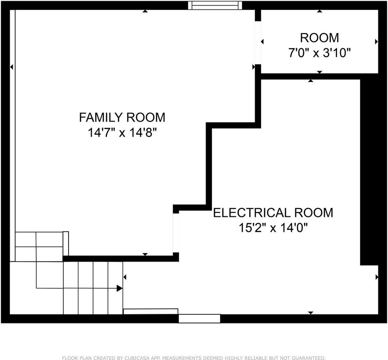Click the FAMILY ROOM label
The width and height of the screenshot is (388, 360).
tap(122, 117)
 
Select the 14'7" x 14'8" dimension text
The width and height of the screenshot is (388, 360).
tap(122, 133)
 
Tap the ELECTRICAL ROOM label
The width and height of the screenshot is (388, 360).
tap(273, 213)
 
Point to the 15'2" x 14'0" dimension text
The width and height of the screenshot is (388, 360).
tap(273, 228)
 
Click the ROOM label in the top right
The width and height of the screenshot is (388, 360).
tap(319, 38)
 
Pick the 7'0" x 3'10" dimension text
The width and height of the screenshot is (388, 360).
tap(319, 53)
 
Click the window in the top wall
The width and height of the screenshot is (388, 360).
tap(215, 5)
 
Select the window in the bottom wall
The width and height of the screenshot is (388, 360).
tap(199, 319)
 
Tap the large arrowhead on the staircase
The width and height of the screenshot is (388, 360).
tap(120, 288)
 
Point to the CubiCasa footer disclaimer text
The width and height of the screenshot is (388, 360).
tap(194, 358)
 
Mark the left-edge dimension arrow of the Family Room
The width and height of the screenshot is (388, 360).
tap(12, 67)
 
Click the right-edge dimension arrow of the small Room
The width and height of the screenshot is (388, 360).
tap(376, 42)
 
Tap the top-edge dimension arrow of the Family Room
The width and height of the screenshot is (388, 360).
tap(145, 11)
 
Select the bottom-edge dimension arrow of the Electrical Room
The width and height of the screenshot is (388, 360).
tap(310, 313)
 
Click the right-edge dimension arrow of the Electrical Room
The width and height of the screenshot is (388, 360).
tap(376, 277)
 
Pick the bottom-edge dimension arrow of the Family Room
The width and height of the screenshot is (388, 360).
tap(145, 254)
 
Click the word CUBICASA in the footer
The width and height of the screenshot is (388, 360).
tap(136, 358)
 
